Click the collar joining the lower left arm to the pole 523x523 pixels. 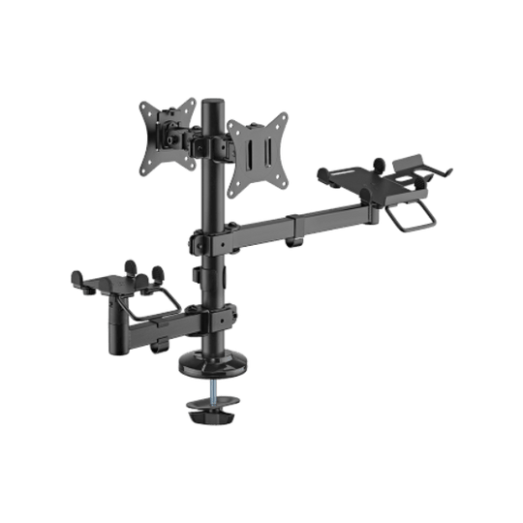pyautogui.click(x=214, y=316)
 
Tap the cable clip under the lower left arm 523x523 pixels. pyautogui.click(x=160, y=339)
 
